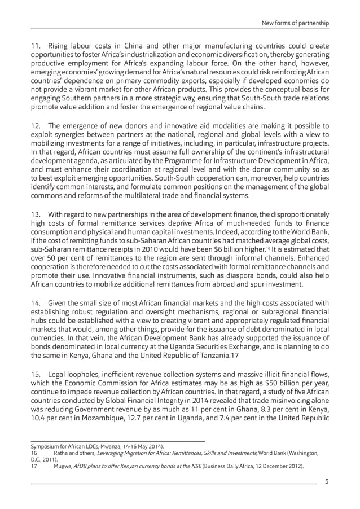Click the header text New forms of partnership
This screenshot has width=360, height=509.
tap(296, 23)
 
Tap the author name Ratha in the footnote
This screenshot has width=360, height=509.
tap(63, 453)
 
